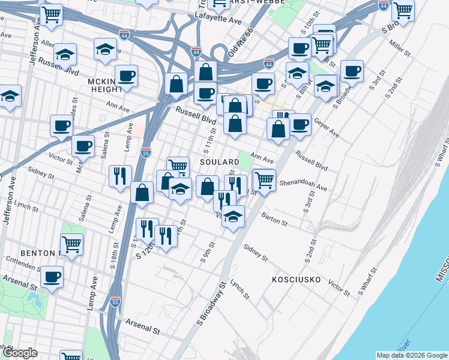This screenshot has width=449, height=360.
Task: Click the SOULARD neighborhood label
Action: (x=215, y=163)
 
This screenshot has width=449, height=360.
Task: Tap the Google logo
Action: (x=19, y=353)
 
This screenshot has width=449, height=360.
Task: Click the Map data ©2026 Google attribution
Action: (x=412, y=355)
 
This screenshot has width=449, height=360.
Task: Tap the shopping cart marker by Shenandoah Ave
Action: (x=264, y=179)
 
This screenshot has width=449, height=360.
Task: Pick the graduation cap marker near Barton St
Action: (x=233, y=216)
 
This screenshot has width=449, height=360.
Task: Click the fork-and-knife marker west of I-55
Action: (x=120, y=175)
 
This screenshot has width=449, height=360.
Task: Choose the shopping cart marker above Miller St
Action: (x=402, y=10)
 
